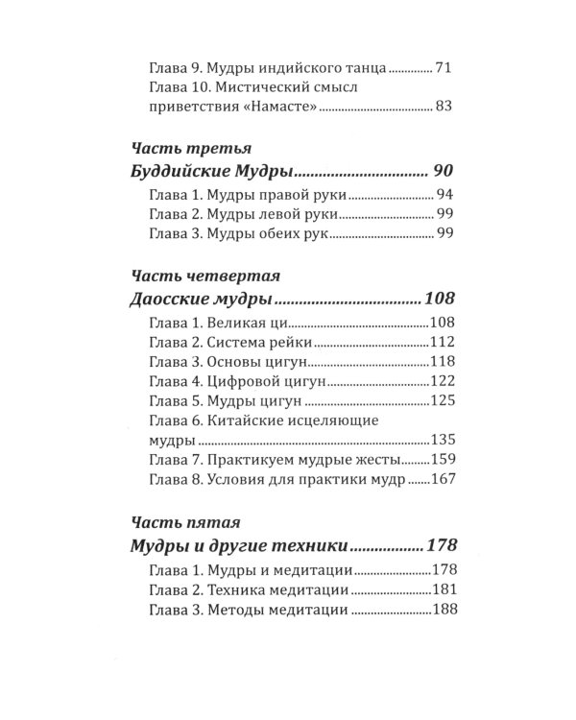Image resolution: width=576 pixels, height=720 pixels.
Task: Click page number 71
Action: tap(442, 69)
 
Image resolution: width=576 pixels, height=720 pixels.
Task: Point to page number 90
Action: tap(441, 172)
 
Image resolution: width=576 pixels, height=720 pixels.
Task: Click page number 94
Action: tap(442, 195)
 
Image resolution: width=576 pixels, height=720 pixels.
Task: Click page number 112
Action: tap(441, 341)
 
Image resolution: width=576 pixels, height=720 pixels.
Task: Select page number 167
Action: tap(441, 480)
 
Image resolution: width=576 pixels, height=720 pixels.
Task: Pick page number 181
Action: tap(441, 589)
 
